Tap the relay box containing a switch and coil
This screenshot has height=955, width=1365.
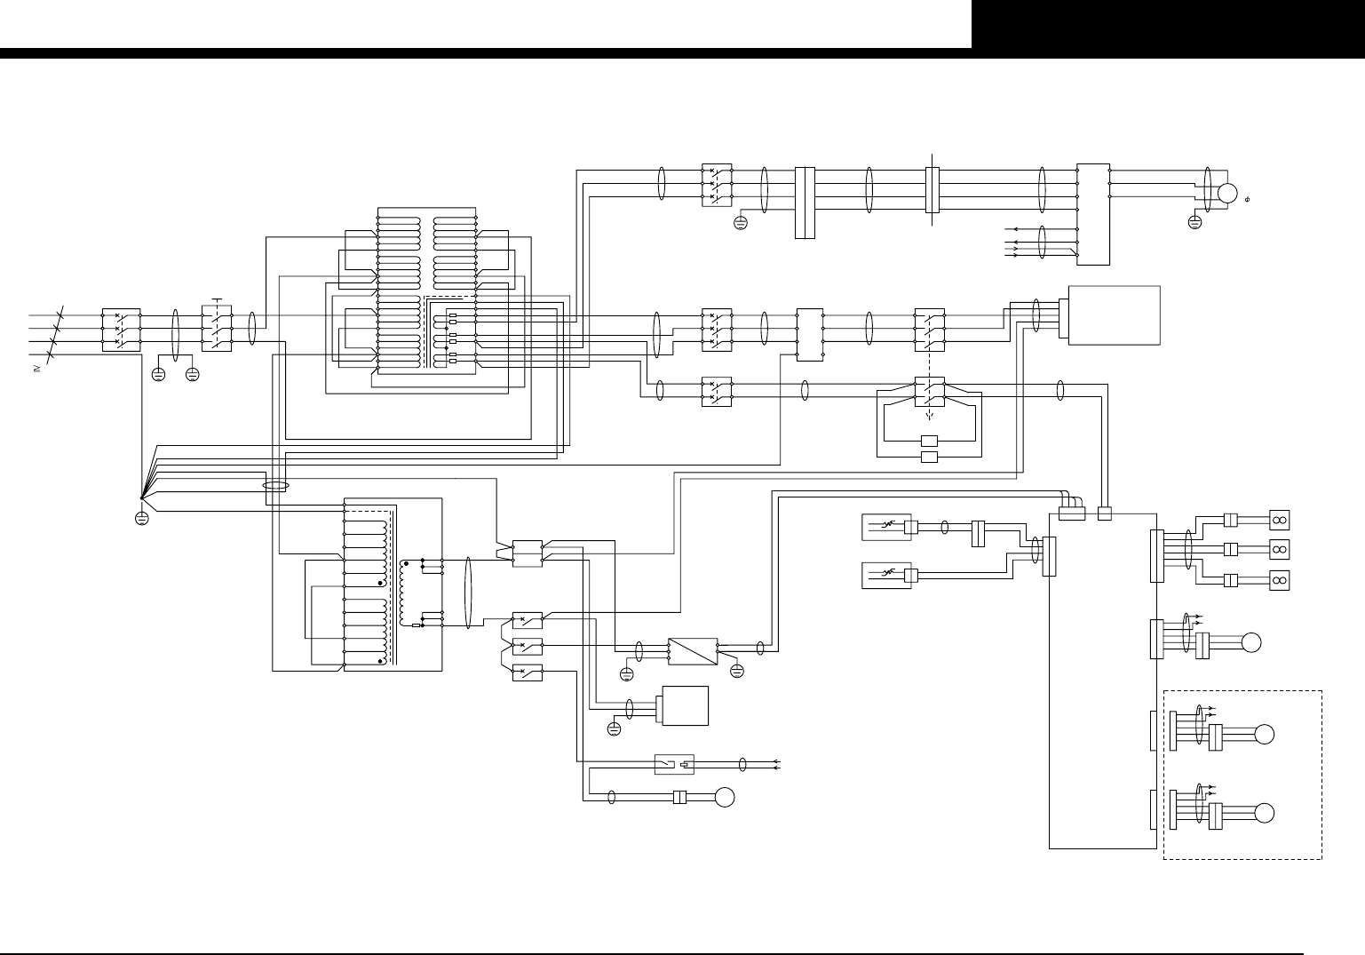674,764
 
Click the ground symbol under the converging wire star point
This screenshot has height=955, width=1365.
141,518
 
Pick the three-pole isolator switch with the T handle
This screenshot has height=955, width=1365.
218,329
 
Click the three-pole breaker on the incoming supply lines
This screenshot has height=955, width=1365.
121,329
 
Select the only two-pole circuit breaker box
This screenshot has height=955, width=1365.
717,391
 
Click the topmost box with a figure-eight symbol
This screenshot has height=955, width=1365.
1280,520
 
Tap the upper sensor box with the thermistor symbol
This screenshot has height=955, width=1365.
886,528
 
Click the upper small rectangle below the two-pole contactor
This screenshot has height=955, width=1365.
930,441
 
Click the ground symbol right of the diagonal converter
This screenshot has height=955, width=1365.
736,670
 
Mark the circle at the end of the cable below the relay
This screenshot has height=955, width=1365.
726,797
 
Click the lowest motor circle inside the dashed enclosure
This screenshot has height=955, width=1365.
1266,812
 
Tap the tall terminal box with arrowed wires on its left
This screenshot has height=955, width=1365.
1092,214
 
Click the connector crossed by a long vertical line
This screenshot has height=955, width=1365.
932,188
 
